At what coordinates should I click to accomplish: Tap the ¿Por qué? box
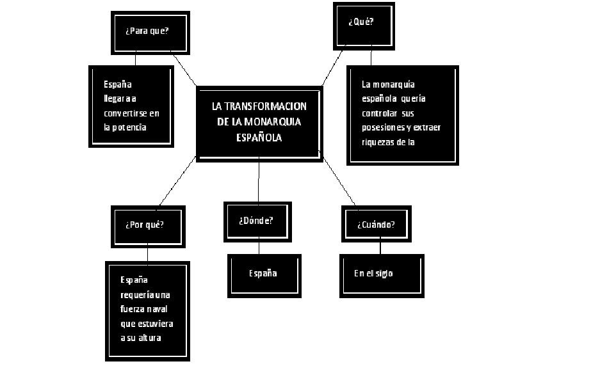(x=148, y=225)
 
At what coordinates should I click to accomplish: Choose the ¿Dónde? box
(x=258, y=221)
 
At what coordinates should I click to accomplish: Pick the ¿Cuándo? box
(x=375, y=225)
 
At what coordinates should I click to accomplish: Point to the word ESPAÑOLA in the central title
(x=259, y=136)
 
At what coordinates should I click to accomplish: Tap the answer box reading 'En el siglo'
(x=381, y=274)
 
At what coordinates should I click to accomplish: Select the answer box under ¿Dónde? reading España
(x=264, y=274)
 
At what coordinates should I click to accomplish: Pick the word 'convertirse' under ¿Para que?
(x=126, y=113)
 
